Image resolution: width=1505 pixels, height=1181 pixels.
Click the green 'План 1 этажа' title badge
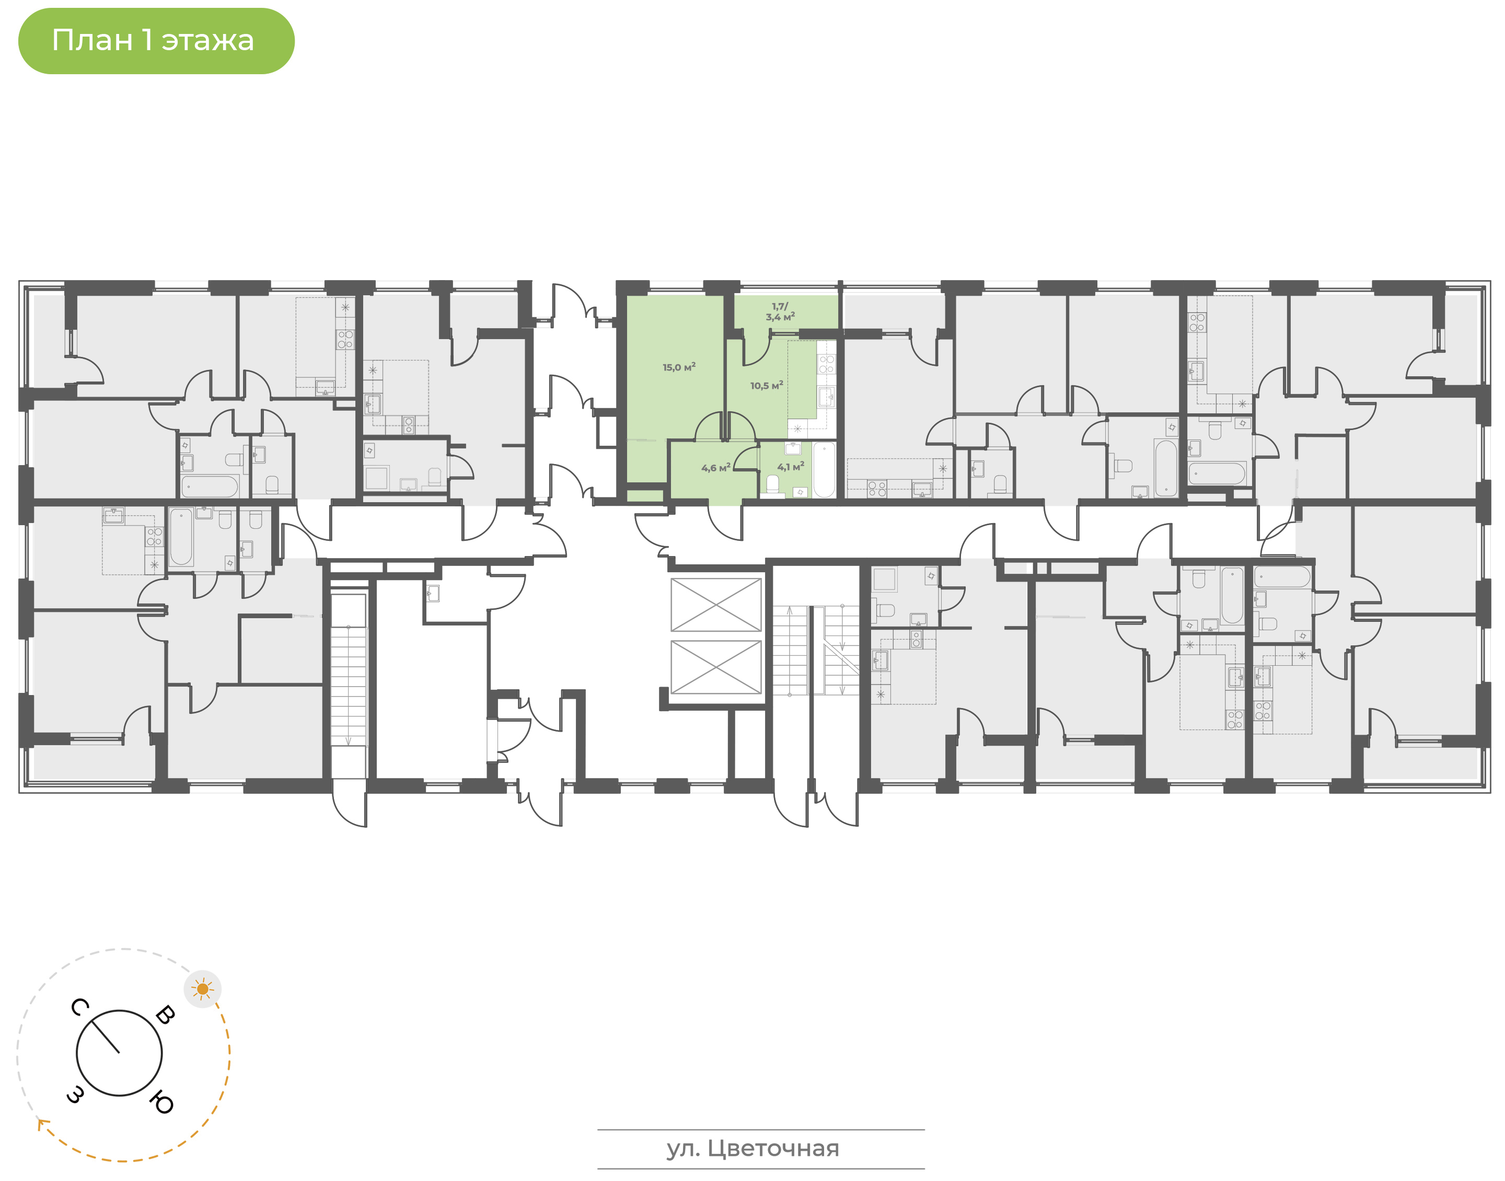156,41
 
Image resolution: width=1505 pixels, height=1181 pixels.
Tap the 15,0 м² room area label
679,367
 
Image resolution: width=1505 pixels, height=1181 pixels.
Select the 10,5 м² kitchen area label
767,385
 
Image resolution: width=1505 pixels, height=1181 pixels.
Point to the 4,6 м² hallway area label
715,468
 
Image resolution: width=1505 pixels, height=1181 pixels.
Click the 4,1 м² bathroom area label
790,467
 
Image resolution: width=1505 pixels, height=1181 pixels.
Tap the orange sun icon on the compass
203,989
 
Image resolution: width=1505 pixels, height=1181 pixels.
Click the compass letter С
79,1008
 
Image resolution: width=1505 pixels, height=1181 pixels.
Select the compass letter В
165,1015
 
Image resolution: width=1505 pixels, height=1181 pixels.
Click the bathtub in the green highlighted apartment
824,469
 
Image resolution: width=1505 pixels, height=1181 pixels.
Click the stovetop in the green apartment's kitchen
826,364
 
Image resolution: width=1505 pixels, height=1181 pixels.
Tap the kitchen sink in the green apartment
826,397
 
